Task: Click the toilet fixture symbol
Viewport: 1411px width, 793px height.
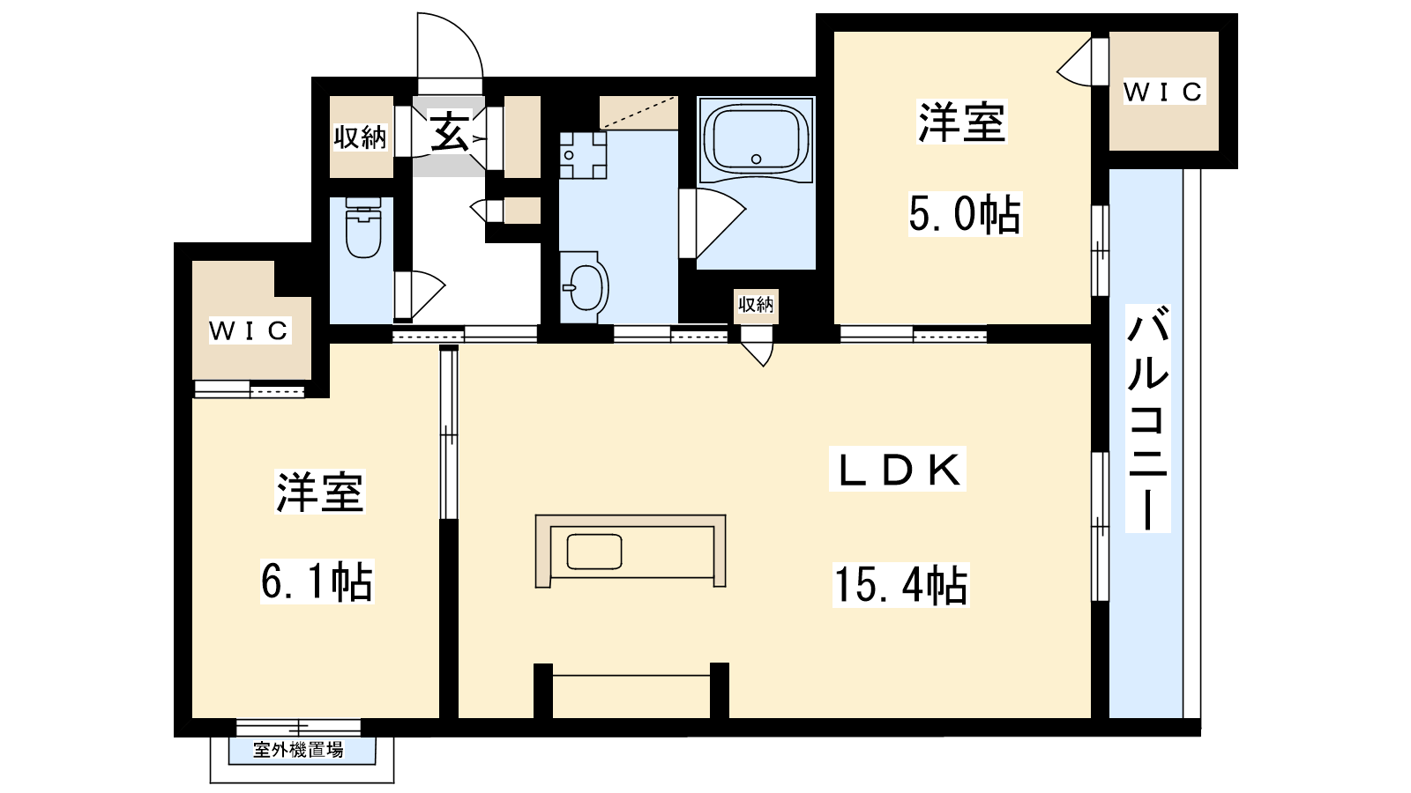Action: [363, 228]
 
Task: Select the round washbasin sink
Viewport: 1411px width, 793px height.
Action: [586, 287]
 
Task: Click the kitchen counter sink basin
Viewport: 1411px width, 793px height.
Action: [594, 552]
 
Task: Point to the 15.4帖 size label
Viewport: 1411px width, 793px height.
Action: [900, 585]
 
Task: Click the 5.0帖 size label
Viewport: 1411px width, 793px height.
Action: [965, 214]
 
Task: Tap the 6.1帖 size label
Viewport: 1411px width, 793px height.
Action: [317, 582]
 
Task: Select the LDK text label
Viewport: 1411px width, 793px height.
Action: [898, 469]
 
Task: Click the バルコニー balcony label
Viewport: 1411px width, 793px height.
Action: [1147, 419]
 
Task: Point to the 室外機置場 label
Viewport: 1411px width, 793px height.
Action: [299, 750]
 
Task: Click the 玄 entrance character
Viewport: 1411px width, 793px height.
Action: [450, 131]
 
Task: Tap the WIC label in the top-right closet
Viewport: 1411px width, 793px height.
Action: [1164, 93]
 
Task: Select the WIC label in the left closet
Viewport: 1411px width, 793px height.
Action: [250, 330]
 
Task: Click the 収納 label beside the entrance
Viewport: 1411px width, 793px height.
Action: [360, 137]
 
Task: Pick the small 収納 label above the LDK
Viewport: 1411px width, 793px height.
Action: [756, 305]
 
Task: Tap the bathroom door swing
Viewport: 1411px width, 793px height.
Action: [713, 223]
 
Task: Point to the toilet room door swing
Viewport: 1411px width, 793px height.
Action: [421, 294]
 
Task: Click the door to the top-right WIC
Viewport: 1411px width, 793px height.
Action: [1083, 62]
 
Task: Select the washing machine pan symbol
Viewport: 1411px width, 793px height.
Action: [583, 155]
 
